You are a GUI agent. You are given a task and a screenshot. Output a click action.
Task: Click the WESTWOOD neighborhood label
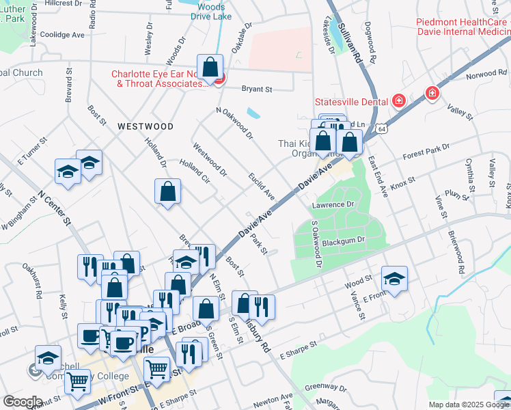pyautogui.click(x=145, y=126)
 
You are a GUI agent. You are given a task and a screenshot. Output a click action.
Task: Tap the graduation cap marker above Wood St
pyautogui.click(x=394, y=279)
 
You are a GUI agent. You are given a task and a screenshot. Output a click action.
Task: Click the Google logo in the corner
pyautogui.click(x=23, y=402)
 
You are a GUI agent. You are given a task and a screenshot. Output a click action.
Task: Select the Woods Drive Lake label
pyautogui.click(x=212, y=10)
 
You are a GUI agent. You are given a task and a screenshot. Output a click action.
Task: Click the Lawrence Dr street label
pyautogui.click(x=333, y=204)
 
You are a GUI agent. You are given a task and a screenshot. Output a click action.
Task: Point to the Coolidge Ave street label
pyautogui.click(x=62, y=34)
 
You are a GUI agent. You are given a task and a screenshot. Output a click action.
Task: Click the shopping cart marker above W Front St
pyautogui.click(x=77, y=383)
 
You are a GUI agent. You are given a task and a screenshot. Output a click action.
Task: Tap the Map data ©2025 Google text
pyautogui.click(x=469, y=405)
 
